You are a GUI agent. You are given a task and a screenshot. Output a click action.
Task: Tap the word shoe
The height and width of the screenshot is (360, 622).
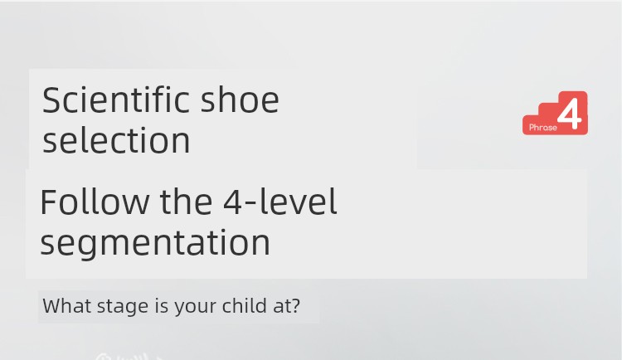point(240,100)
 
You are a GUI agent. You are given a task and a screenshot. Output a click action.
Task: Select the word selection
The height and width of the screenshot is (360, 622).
point(116,140)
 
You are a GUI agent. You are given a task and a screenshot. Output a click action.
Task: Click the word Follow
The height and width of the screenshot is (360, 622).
point(95,202)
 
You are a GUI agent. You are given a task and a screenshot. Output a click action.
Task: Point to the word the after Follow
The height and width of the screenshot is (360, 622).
point(186,202)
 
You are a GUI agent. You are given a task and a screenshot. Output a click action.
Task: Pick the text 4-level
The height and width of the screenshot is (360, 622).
point(280,202)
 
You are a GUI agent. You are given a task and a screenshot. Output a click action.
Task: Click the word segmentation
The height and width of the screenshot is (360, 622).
point(155,242)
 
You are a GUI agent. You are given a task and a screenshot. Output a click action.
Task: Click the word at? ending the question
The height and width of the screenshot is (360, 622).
point(286,306)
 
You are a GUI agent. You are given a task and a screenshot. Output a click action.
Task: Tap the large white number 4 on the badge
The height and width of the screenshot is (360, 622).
point(570,114)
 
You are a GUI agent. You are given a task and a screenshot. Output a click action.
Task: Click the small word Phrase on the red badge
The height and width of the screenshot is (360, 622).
point(543,128)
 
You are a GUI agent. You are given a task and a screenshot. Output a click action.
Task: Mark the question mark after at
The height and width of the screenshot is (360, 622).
point(295,306)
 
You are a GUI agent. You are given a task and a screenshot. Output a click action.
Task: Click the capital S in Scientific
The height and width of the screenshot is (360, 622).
point(51,100)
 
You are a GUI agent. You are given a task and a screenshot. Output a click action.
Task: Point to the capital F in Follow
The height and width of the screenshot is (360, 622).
point(48,202)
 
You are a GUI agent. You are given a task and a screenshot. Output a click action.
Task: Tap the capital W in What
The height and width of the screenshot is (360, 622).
point(54,306)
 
